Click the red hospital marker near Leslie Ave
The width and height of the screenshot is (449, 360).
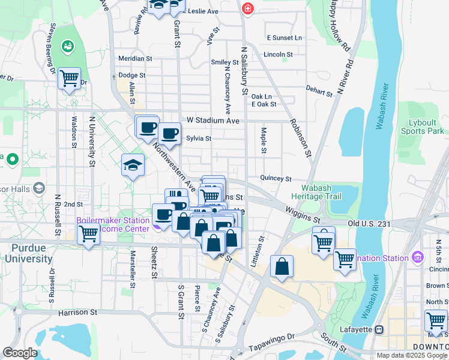pos(247,9)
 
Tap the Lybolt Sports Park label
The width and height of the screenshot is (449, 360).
pos(422,126)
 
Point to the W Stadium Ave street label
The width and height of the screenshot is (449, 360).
pos(213,121)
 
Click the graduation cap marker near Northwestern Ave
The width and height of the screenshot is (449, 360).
pos(133,166)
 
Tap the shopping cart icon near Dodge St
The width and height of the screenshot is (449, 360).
pos(70,77)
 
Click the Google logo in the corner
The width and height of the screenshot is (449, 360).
pos(19,353)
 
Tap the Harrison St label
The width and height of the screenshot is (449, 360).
pos(77,313)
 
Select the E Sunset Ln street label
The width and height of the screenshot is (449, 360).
pos(285,37)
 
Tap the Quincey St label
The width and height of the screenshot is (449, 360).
pos(276,178)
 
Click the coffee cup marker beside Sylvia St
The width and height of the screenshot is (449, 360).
pos(169,133)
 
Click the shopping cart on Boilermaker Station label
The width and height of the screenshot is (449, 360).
pos(88,233)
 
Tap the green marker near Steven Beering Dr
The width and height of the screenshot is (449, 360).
pos(67,46)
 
